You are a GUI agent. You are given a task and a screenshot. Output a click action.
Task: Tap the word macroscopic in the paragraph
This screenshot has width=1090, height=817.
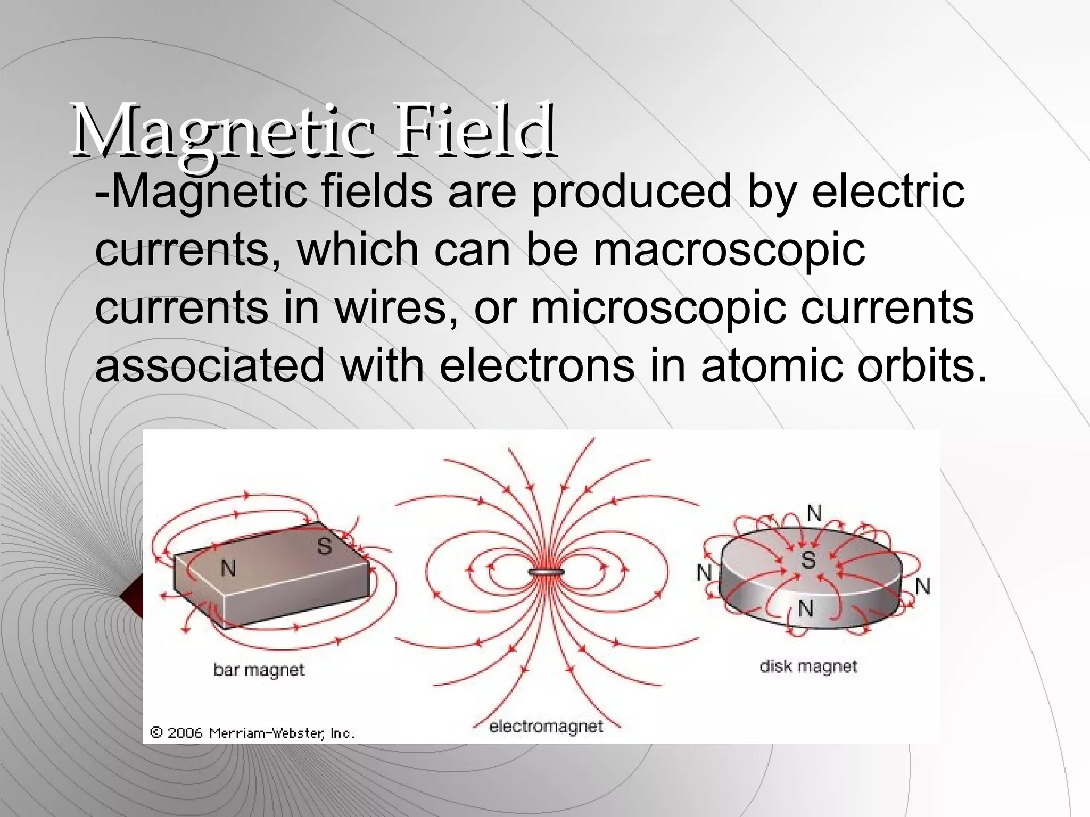click(x=729, y=250)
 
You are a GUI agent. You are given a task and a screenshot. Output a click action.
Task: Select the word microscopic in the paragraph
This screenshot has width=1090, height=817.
click(x=658, y=308)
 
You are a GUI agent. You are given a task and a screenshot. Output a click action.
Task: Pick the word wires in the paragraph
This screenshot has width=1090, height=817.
click(x=396, y=308)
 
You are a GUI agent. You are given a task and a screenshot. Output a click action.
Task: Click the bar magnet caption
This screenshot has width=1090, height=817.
click(x=259, y=669)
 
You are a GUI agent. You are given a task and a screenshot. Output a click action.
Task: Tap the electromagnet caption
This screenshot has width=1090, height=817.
click(x=546, y=726)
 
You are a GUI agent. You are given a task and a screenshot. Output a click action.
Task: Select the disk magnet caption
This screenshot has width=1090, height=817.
click(x=808, y=666)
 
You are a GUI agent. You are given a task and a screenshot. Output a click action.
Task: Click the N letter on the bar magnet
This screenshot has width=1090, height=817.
click(x=228, y=569)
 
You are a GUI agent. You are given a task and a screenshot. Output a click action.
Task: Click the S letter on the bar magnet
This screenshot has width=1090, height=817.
click(x=324, y=546)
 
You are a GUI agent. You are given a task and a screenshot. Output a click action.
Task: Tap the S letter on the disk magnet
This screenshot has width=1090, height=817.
click(x=808, y=560)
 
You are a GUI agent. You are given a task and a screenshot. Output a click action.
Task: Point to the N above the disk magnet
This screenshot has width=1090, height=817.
click(x=814, y=514)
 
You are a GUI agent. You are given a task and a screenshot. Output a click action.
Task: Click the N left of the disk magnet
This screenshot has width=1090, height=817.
click(x=704, y=573)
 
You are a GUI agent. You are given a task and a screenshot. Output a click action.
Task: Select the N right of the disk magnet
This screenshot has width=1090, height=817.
click(x=922, y=587)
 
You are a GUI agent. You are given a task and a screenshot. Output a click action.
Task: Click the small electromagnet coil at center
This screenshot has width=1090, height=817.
click(x=546, y=572)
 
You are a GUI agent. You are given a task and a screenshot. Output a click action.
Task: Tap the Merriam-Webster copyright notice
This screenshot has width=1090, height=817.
click(x=252, y=733)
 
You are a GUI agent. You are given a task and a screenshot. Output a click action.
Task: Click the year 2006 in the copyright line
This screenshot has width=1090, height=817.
click(x=185, y=733)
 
